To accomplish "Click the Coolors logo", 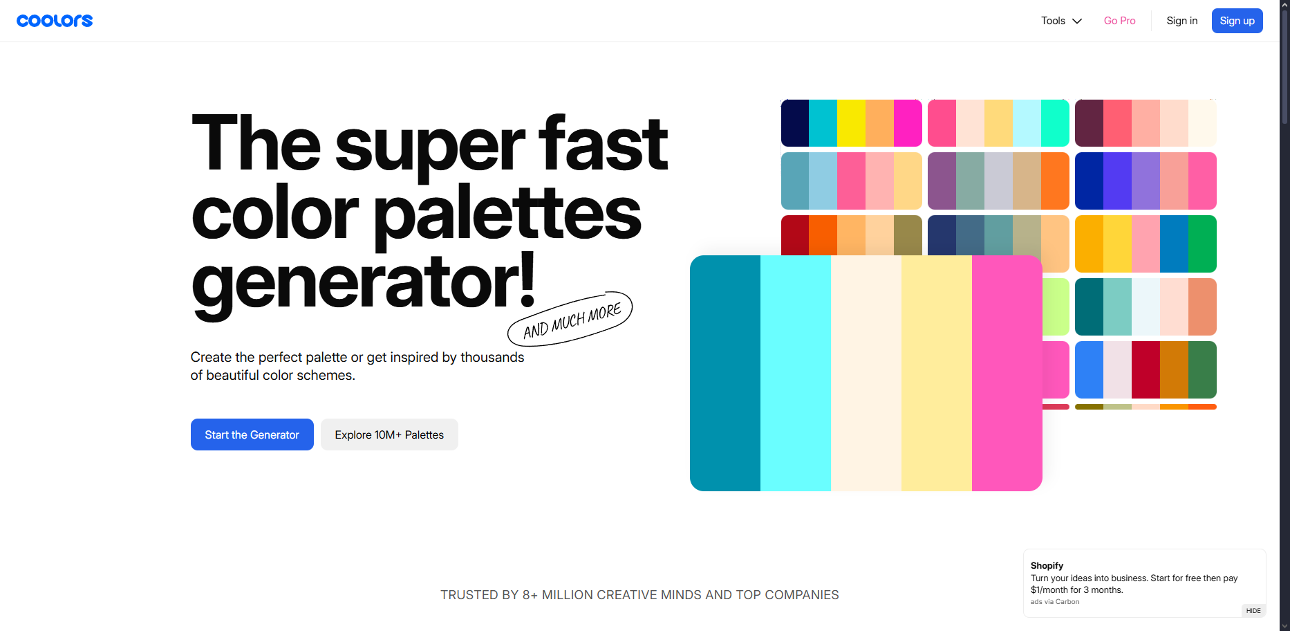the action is (55, 21).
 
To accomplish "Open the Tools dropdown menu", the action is (1061, 21).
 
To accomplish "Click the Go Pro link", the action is (1119, 21).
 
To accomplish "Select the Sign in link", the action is (1181, 21).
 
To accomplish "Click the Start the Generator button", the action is (252, 435).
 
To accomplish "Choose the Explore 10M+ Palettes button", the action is (389, 435).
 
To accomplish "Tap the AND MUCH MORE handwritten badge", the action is (571, 320).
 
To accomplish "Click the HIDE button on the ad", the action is (1253, 611).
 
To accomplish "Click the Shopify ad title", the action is (1047, 565).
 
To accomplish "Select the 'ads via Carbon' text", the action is (1055, 602).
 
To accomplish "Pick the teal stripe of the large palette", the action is (725, 374).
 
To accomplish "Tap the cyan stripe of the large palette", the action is (796, 374).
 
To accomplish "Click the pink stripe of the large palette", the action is (1007, 374).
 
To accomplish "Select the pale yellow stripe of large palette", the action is (937, 374).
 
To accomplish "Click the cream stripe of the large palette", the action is (866, 374).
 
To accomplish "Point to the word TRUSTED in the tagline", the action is (469, 595).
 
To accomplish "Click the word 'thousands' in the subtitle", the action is (492, 357).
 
